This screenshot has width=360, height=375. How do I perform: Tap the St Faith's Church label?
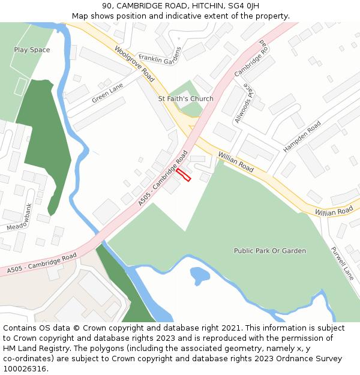(185, 98)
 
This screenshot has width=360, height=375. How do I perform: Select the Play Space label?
(32, 50)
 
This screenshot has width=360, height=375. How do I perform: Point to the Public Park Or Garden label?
(270, 251)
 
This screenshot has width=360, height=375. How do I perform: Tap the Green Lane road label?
(107, 93)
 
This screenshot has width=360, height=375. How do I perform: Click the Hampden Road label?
(302, 137)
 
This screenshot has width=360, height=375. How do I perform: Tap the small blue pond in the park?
(199, 275)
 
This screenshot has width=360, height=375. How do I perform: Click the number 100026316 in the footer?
(25, 368)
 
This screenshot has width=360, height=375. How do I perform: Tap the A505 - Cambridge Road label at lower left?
(42, 263)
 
